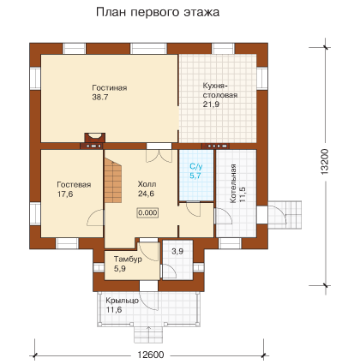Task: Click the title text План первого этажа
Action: tap(158, 13)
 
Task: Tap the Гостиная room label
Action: tap(110, 87)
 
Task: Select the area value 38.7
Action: tap(100, 97)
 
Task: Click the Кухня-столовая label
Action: tap(220, 90)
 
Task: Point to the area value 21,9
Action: tap(211, 104)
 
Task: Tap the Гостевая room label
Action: tap(74, 184)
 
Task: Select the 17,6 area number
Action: tap(65, 194)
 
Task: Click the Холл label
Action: tap(147, 183)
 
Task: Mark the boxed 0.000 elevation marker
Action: tap(148, 212)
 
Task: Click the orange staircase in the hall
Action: tap(113, 180)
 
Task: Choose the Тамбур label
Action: tap(128, 260)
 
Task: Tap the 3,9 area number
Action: tap(177, 252)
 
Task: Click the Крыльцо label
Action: tap(123, 301)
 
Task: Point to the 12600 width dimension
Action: tap(151, 355)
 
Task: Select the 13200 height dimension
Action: tap(325, 162)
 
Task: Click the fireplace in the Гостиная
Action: tap(94, 138)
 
